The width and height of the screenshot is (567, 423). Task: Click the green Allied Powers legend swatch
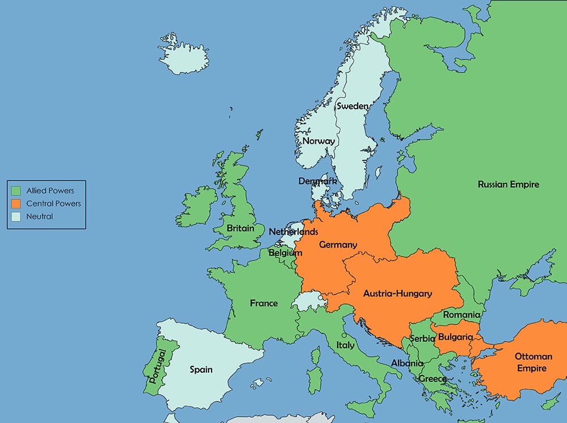[16, 191]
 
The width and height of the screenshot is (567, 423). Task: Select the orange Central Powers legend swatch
[16, 203]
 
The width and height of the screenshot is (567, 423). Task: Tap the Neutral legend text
[40, 216]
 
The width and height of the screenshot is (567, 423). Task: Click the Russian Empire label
[508, 184]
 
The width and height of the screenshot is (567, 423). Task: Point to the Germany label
[338, 245]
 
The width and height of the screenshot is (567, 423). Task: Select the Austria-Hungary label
[397, 293]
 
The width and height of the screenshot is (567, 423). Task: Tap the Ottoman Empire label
[533, 362]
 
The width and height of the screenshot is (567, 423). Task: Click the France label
[264, 303]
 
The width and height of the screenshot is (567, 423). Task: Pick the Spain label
[201, 369]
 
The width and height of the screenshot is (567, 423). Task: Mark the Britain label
[240, 228]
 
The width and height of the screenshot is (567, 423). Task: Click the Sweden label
[352, 106]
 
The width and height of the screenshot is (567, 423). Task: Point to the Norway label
[318, 140]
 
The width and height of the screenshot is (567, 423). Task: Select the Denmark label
[318, 181]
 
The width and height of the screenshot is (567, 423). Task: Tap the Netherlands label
[293, 232]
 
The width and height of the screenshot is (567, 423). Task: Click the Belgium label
[285, 253]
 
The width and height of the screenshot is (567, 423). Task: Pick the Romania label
[462, 314]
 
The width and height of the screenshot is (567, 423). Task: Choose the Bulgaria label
[455, 337]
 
